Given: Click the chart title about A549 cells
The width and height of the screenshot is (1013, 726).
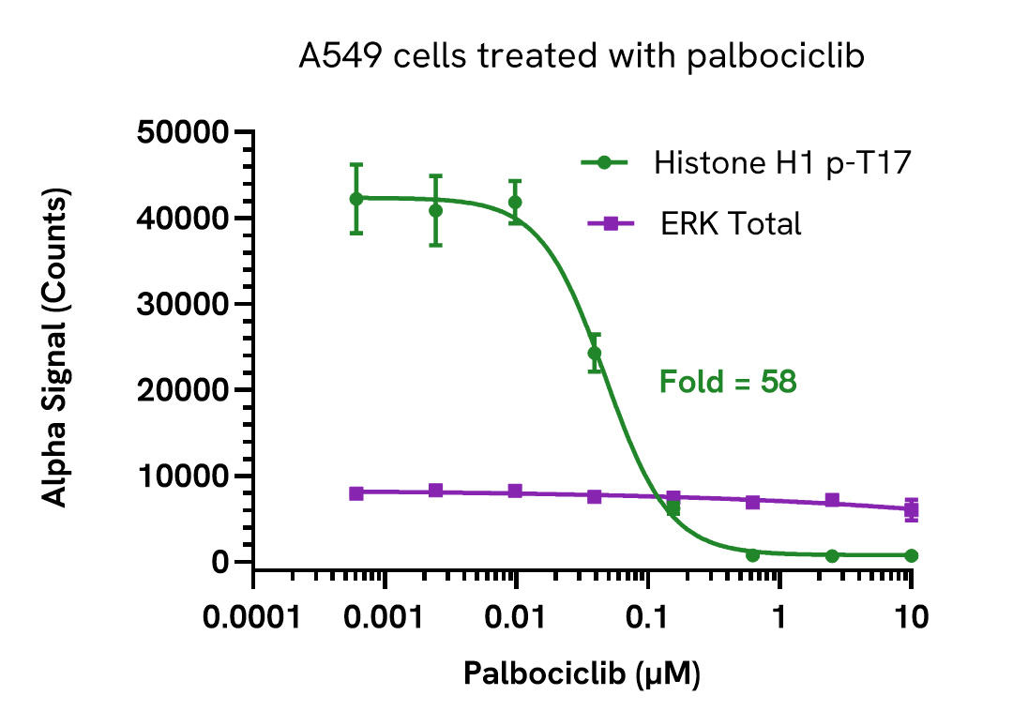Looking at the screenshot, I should coord(582,57).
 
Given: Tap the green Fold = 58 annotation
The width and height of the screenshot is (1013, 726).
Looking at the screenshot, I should coord(728,382).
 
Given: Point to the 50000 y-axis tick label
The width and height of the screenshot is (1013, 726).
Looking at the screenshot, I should coord(183,132).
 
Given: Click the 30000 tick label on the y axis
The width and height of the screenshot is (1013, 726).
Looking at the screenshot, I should coord(183,304).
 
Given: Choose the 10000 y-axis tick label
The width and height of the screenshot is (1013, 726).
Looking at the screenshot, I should coord(183,476).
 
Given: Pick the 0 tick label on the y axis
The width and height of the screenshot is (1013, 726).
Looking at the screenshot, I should coord(219,563).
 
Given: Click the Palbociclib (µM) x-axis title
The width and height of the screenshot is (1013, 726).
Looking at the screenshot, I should coord(582,673).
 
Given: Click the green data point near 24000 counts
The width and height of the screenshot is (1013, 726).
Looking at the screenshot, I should coord(595,354).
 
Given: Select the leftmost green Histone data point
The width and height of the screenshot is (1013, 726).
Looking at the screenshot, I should coord(356,199).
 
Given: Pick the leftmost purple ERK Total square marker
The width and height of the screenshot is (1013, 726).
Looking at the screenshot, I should coord(356,492).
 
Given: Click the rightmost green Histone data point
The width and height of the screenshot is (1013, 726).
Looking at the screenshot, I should coord(911,555).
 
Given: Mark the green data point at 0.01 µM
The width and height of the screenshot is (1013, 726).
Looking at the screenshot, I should coord(515,202).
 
